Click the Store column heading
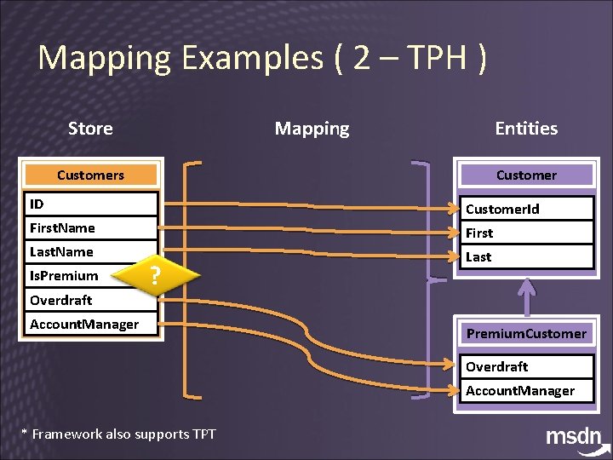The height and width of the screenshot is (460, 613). [90, 129]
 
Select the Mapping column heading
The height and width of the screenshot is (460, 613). [312, 129]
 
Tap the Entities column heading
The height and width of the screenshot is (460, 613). [526, 129]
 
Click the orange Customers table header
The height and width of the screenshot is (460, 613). [90, 175]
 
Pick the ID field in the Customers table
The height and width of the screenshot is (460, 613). [90, 204]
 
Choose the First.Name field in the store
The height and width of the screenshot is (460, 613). [90, 228]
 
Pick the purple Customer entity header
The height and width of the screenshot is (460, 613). [526, 175]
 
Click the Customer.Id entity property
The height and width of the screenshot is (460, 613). [526, 209]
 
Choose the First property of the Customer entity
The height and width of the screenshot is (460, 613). [526, 233]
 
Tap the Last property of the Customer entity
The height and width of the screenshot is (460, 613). [526, 256]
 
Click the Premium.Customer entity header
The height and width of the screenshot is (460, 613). [526, 333]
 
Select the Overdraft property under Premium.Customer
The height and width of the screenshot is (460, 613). [526, 367]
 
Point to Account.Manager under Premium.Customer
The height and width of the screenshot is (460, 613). [526, 391]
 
